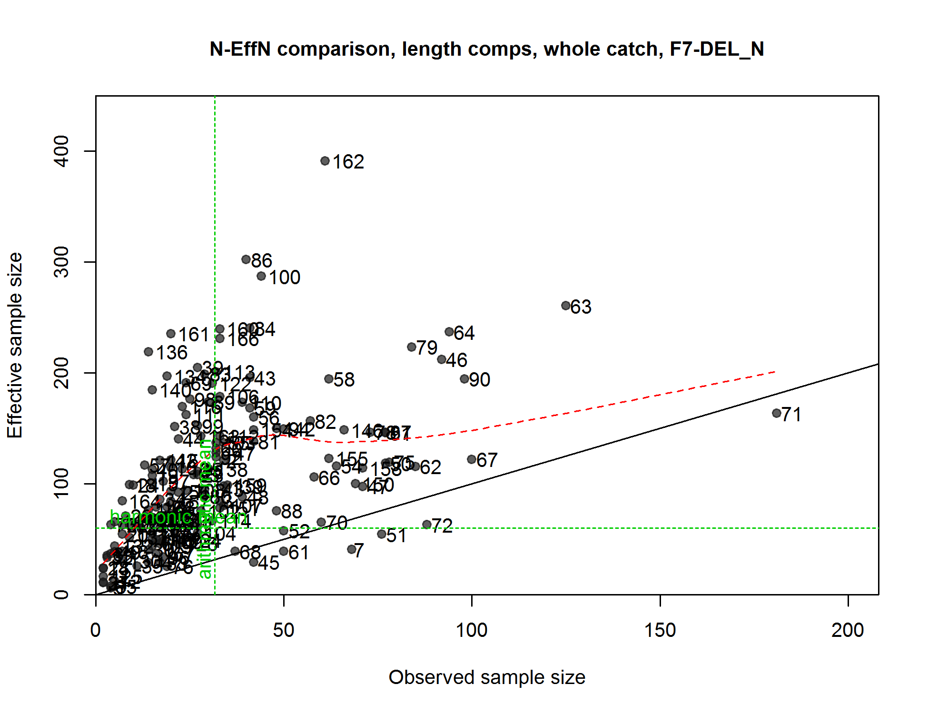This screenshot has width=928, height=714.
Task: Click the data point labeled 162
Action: (x=325, y=161)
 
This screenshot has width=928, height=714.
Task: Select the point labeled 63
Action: (x=566, y=306)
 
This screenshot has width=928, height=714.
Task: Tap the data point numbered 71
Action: (x=777, y=413)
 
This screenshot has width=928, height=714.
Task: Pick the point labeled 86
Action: (x=246, y=259)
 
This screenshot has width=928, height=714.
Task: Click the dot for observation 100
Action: (x=261, y=276)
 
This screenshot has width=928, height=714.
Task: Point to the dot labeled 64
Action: (x=449, y=332)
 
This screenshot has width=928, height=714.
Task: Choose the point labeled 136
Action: (x=148, y=352)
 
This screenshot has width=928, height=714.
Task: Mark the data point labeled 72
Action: (x=427, y=525)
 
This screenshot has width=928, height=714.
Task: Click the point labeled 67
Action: (x=472, y=459)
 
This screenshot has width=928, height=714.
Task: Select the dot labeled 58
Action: (x=329, y=379)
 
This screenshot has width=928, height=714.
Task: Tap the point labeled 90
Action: (x=464, y=379)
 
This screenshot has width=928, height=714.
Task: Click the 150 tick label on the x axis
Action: (x=660, y=630)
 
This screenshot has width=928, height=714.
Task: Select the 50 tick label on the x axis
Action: (x=284, y=630)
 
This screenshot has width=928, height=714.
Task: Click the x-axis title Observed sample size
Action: (x=487, y=677)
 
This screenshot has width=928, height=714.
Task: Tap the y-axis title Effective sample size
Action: (x=15, y=345)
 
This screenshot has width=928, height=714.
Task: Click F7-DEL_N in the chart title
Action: (x=717, y=49)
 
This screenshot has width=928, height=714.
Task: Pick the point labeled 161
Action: (x=171, y=334)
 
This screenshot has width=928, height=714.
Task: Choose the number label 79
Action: (x=427, y=348)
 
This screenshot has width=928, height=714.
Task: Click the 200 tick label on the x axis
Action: (x=848, y=630)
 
